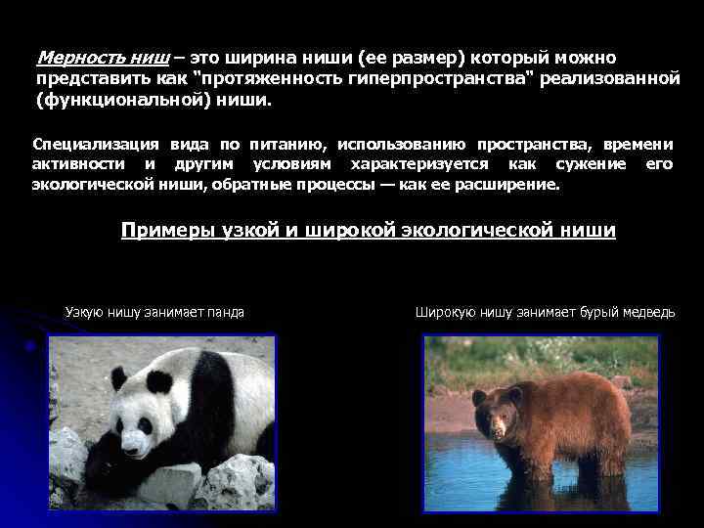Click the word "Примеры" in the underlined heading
159,231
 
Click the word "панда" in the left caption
225,312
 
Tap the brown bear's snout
500,431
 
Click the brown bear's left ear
479,398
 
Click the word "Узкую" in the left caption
83,312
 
